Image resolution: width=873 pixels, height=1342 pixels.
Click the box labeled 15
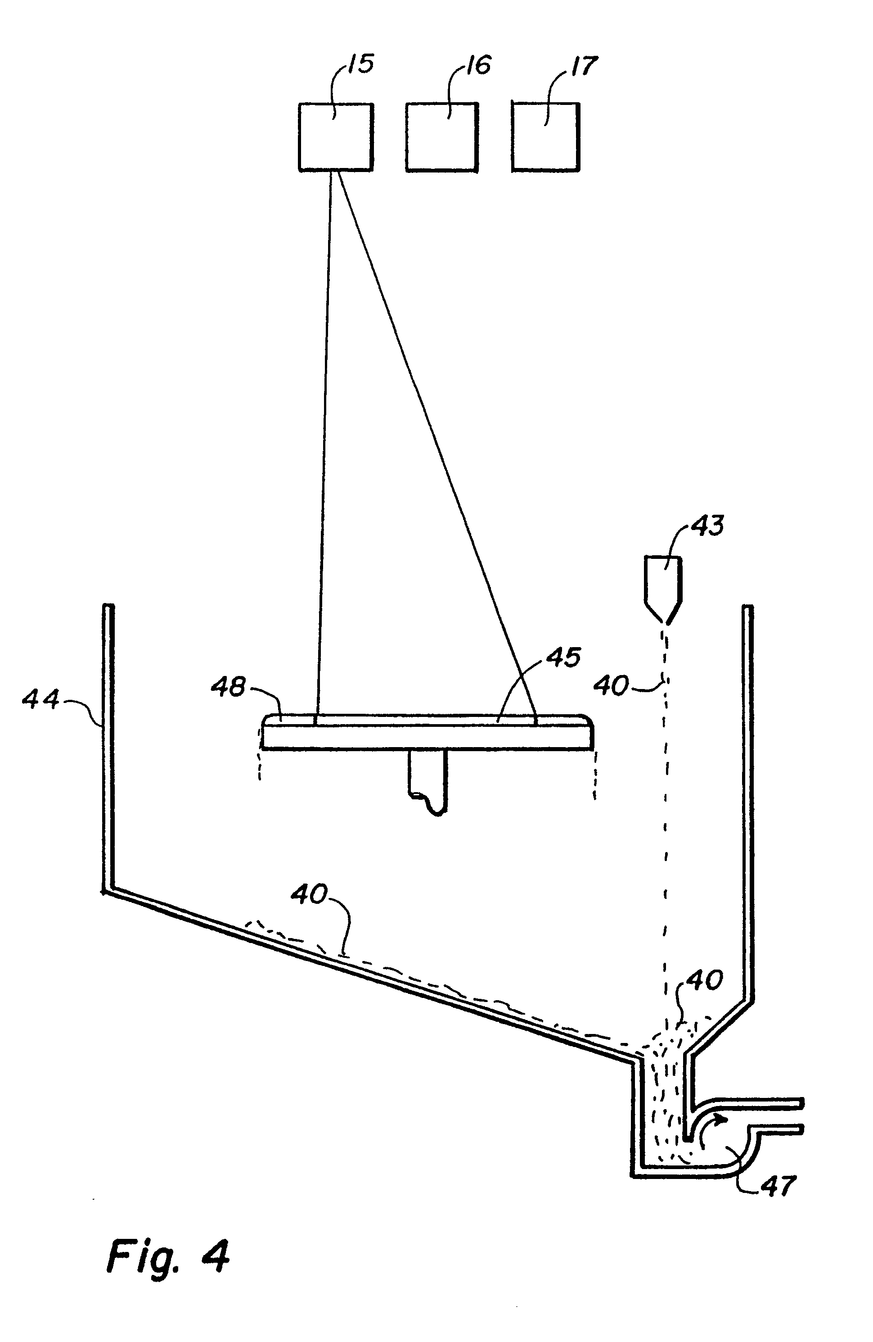tap(335, 136)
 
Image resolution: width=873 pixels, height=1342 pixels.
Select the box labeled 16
tap(442, 136)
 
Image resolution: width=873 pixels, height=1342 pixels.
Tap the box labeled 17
tap(545, 136)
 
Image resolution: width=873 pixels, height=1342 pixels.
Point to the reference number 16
tap(478, 65)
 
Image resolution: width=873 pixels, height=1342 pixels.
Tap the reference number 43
tap(707, 526)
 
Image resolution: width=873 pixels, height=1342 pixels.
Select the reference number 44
tap(40, 700)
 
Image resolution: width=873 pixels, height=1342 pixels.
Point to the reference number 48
tap(229, 687)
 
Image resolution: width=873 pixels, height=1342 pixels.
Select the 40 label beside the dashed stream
tap(612, 686)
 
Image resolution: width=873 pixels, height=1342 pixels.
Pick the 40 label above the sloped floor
tap(310, 895)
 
